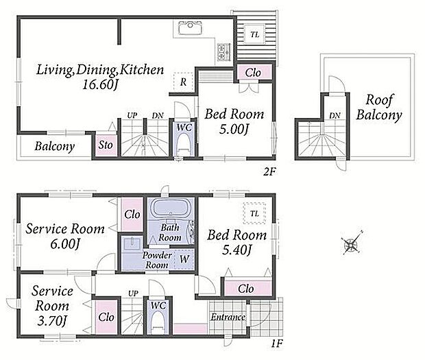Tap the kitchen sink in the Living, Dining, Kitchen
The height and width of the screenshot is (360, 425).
point(191,28)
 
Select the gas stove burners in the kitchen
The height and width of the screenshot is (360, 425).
point(224,51)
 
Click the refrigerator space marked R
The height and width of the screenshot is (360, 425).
point(183,82)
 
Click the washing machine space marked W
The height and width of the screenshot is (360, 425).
point(184,259)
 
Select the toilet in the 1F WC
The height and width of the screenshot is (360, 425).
point(158,322)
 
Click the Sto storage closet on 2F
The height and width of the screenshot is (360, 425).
point(106,145)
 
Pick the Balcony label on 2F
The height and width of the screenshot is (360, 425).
point(55,147)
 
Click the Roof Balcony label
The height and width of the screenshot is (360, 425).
point(379,108)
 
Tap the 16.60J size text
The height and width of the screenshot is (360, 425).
point(100,85)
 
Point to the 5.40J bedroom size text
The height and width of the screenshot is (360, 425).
point(237,250)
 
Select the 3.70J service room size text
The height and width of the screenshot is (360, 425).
point(52,321)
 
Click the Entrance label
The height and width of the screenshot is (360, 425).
point(228,317)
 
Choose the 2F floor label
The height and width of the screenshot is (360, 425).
point(269,171)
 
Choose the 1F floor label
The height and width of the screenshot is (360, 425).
point(277,344)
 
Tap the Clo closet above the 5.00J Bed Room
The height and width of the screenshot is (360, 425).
point(254,72)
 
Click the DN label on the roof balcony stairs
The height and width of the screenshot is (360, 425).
point(335,115)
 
